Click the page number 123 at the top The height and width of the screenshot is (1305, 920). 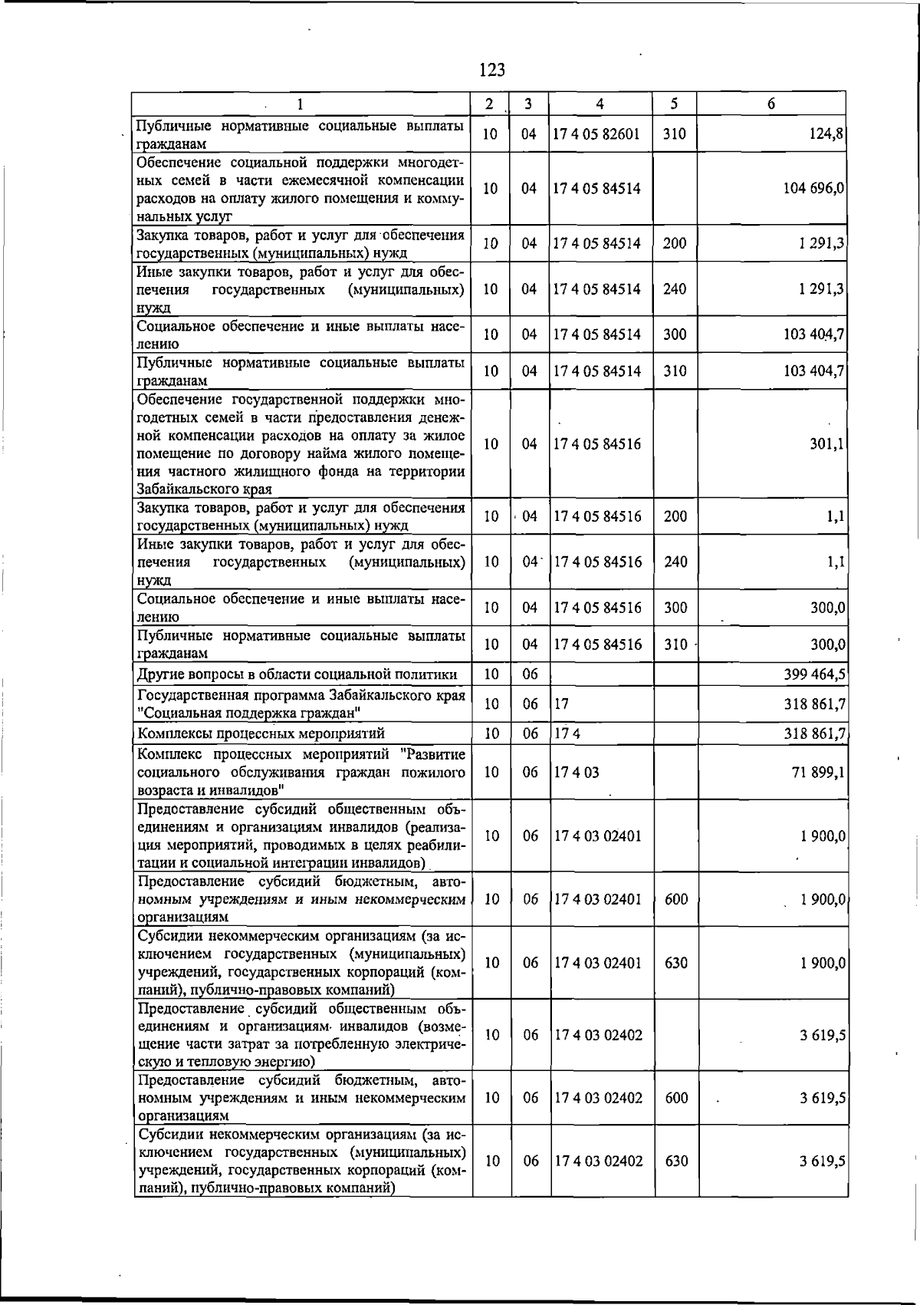click(x=491, y=70)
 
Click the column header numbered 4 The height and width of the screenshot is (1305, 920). click(x=600, y=104)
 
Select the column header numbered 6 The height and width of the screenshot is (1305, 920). click(x=770, y=104)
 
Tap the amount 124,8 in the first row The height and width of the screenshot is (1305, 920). click(x=826, y=134)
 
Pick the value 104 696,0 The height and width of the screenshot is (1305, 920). click(x=813, y=189)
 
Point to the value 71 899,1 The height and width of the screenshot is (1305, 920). click(x=818, y=773)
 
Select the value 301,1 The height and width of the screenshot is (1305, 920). click(x=827, y=444)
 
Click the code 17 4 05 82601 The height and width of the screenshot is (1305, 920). click(x=596, y=134)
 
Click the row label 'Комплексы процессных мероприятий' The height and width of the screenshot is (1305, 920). click(x=261, y=733)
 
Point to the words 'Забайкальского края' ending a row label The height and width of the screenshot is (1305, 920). click(x=203, y=489)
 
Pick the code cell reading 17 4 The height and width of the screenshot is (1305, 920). click(x=567, y=733)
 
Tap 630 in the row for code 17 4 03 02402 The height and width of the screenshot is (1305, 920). click(x=676, y=1162)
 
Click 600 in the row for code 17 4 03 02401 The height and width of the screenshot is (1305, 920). click(x=676, y=899)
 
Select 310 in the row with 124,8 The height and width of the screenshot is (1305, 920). click(x=674, y=134)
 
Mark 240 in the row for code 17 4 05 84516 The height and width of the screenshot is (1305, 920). click(x=675, y=562)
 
